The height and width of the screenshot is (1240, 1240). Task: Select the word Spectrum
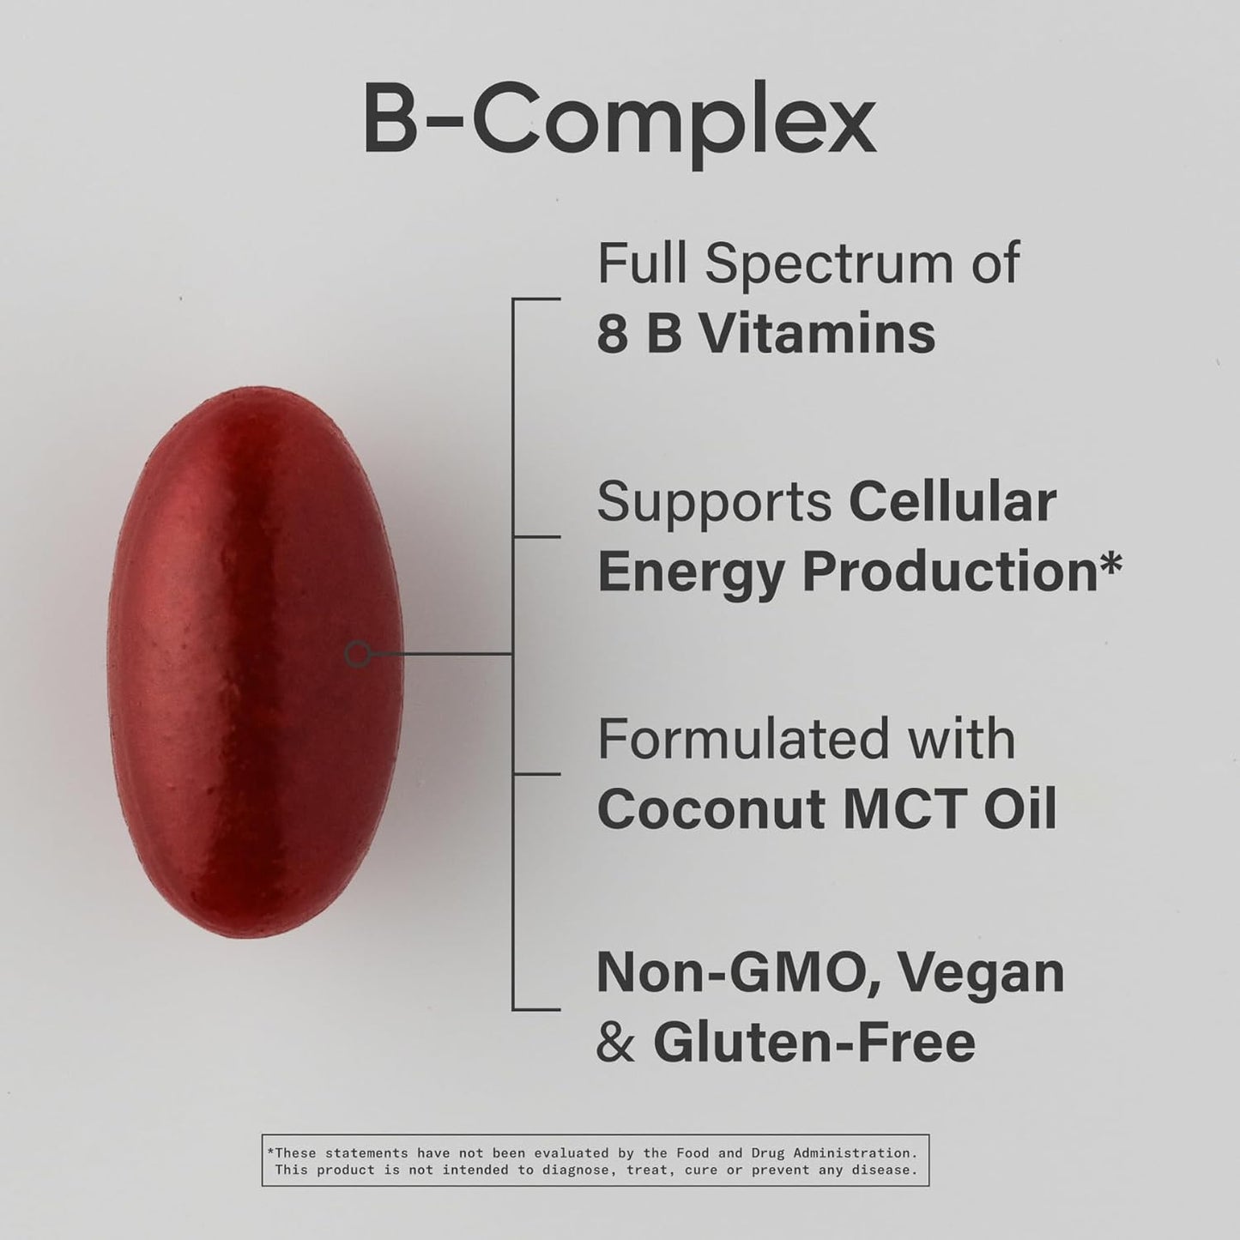[829, 264]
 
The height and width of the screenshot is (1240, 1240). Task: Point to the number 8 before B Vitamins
[613, 334]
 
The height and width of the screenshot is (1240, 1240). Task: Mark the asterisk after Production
[1110, 563]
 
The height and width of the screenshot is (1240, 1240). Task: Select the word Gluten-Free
[814, 1043]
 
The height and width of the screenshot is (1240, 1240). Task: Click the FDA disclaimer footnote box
[595, 1161]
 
